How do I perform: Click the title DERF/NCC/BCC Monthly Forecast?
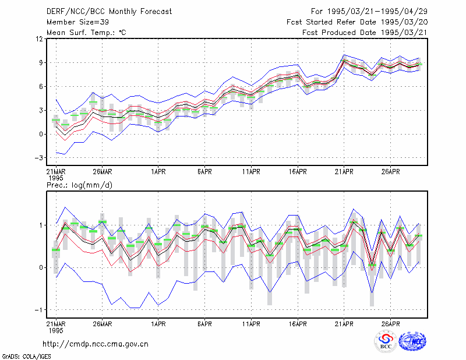pyautogui.click(x=109, y=12)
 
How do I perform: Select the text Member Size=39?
pyautogui.click(x=77, y=22)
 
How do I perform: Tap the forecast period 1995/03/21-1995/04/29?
pyautogui.click(x=377, y=12)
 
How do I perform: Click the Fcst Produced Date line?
pyautogui.click(x=365, y=33)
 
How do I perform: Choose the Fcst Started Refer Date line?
pyautogui.click(x=357, y=22)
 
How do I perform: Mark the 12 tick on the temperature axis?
pyautogui.click(x=40, y=39)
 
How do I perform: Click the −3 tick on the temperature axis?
pyautogui.click(x=38, y=157)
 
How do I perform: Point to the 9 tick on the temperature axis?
pyautogui.click(x=41, y=63)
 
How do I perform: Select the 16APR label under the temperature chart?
pyautogui.click(x=298, y=172)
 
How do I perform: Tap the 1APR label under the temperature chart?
pyautogui.click(x=158, y=172)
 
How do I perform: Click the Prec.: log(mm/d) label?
pyautogui.click(x=79, y=185)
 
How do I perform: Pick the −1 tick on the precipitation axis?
pyautogui.click(x=38, y=310)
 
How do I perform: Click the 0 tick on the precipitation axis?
pyautogui.click(x=41, y=267)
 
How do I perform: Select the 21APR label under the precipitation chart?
pyautogui.click(x=344, y=324)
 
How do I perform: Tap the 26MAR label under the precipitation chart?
pyautogui.click(x=103, y=324)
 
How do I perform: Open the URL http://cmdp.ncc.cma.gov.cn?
pyautogui.click(x=96, y=344)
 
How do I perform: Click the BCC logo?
pyautogui.click(x=386, y=341)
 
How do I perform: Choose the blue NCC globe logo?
pyautogui.click(x=412, y=341)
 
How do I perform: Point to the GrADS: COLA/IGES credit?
pyautogui.click(x=26, y=357)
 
